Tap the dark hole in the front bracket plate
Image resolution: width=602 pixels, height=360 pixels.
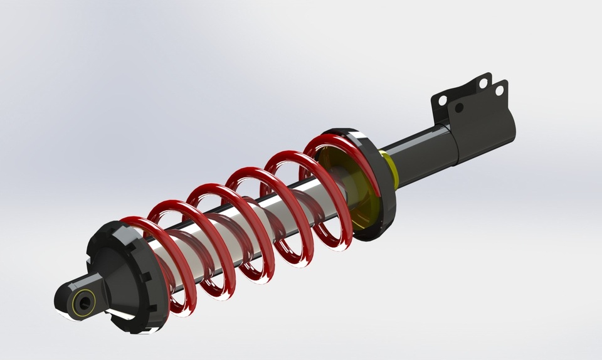click(x=459, y=108)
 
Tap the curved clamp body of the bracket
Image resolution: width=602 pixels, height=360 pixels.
click(x=486, y=129)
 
